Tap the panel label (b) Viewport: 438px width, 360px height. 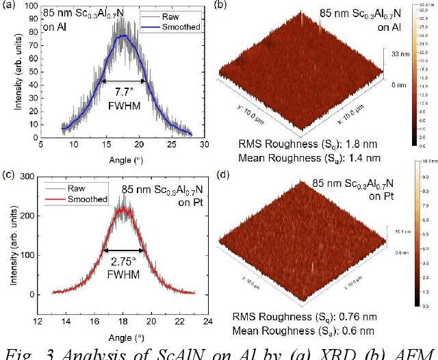tap(222, 5)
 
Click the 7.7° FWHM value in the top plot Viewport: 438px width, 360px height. tap(124, 91)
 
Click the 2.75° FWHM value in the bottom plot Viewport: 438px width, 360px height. tap(123, 261)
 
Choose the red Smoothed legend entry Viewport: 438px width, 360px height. tap(88, 199)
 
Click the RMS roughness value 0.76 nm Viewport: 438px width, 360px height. tap(361, 318)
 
